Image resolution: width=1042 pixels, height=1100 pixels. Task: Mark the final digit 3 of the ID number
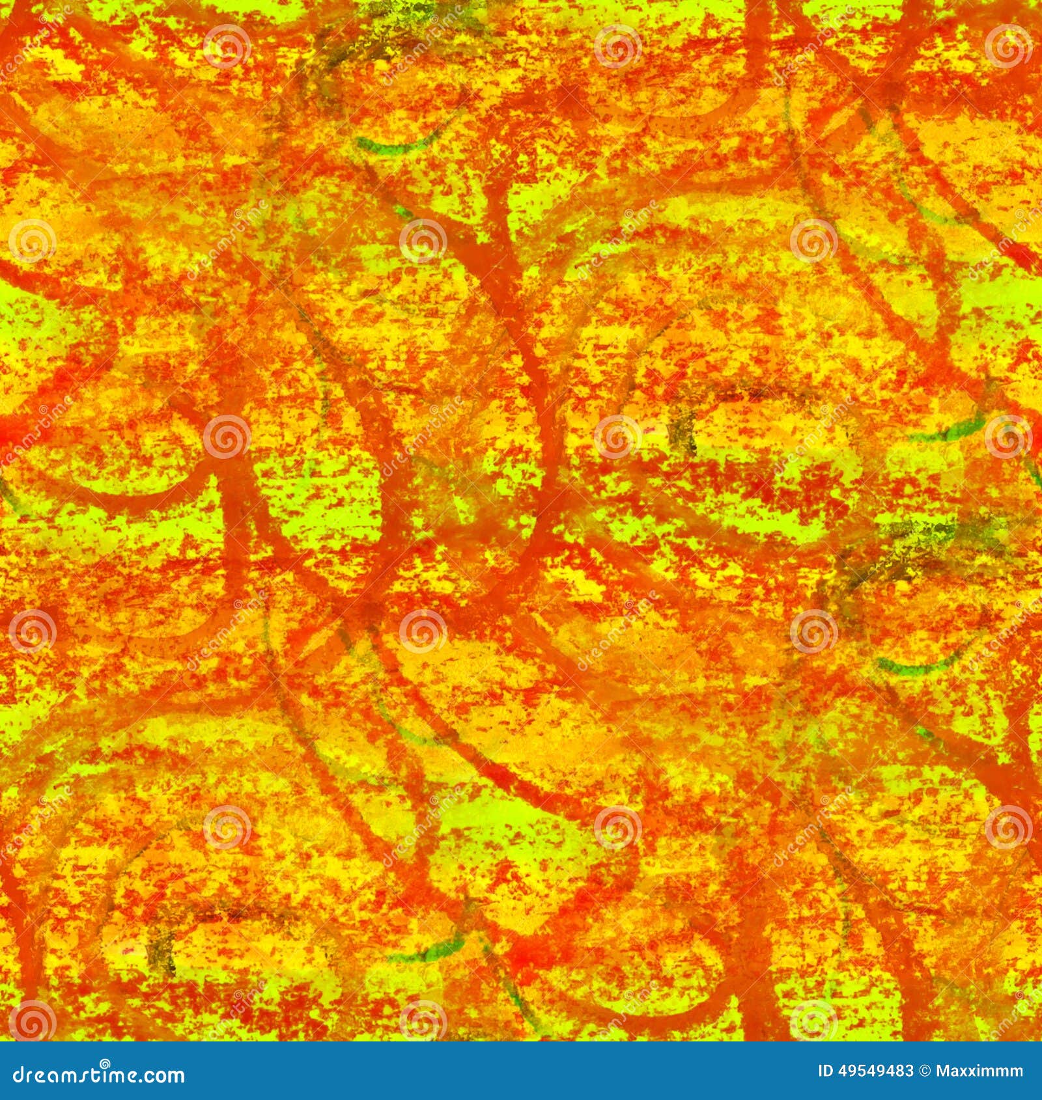click(910, 1071)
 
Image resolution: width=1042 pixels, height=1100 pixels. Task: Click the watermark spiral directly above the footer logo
click(31, 1021)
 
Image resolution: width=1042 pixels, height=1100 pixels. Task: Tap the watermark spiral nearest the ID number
click(813, 1021)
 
